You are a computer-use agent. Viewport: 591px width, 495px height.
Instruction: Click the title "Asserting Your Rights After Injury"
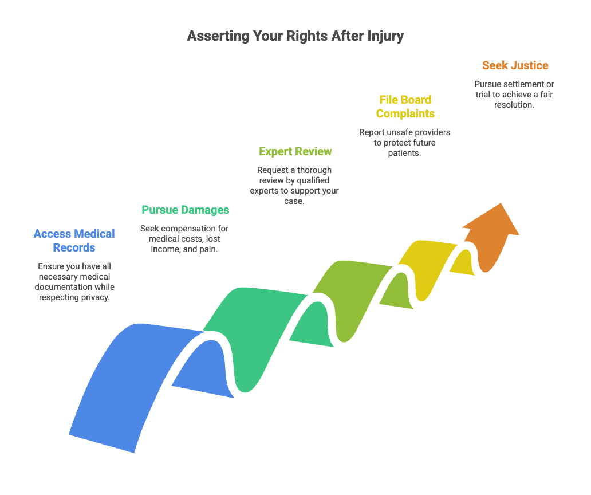tap(295, 36)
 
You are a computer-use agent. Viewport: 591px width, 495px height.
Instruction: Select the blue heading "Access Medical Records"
tap(74, 241)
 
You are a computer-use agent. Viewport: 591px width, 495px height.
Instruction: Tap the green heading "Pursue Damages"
tap(186, 210)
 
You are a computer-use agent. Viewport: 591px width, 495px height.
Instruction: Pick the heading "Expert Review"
tap(295, 152)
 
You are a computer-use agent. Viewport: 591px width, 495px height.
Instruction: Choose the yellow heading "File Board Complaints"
tap(405, 107)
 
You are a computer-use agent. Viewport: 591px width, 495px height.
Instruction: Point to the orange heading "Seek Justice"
tap(515, 65)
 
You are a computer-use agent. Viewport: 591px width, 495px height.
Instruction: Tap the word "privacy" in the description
tap(96, 297)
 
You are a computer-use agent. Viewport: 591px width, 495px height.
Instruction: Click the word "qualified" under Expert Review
tap(313, 180)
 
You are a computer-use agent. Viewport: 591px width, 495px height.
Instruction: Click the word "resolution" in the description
tap(513, 105)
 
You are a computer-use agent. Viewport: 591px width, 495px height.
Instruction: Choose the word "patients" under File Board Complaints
tap(404, 153)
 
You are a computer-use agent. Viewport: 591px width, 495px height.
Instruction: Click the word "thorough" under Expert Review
tap(314, 170)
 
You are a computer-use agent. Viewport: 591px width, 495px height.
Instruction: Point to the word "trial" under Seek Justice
tap(483, 95)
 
